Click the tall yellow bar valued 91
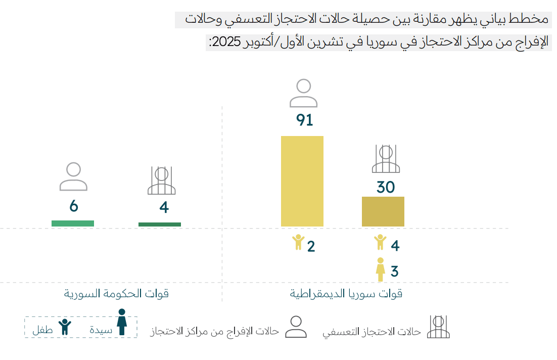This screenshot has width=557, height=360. [x=302, y=181]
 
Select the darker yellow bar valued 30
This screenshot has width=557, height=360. [x=383, y=211]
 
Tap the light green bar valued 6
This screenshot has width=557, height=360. [x=73, y=223]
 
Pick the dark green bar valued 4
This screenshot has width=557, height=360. [x=159, y=224]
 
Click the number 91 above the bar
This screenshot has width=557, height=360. [x=304, y=120]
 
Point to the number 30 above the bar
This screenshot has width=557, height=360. [x=386, y=187]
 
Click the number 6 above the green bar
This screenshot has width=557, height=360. [x=74, y=206]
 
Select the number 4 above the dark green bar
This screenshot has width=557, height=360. [x=163, y=207]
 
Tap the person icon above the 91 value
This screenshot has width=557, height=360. [x=303, y=93]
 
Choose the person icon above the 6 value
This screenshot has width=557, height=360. [x=73, y=176]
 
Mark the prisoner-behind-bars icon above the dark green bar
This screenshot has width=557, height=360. [x=161, y=181]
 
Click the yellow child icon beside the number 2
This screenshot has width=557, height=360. [x=298, y=242]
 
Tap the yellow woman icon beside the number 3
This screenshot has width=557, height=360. [x=380, y=269]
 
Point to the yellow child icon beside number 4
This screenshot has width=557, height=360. [x=380, y=242]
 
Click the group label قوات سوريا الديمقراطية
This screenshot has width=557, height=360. [x=346, y=294]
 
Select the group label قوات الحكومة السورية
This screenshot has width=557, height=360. [x=116, y=294]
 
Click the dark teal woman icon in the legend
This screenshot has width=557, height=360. [x=122, y=322]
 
